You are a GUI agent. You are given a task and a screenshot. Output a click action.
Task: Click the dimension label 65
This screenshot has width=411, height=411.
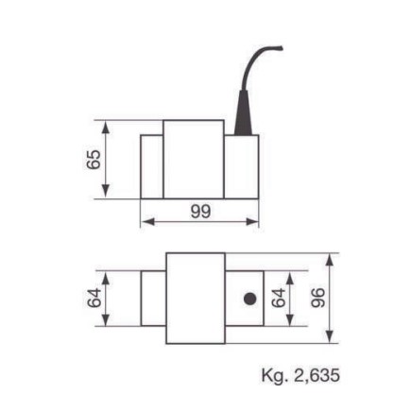[94, 159]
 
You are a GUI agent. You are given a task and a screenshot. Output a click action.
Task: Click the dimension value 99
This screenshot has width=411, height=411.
[199, 212]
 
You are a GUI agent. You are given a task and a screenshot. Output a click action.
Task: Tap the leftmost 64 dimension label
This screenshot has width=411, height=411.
[94, 299]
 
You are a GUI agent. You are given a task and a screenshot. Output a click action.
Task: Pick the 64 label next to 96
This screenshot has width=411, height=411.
[278, 298]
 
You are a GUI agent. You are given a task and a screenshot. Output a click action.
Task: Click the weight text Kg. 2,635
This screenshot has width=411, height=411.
[300, 375]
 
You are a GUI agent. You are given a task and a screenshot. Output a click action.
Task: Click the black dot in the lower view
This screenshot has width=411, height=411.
[249, 299]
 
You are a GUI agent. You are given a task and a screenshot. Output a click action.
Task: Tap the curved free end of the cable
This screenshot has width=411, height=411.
[276, 46]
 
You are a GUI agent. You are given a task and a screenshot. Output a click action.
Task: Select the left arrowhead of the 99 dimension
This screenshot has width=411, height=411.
[146, 223]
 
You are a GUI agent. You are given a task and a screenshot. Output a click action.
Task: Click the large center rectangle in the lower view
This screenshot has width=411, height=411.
[196, 298]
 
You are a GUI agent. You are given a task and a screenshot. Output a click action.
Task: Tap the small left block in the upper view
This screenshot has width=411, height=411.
[152, 165]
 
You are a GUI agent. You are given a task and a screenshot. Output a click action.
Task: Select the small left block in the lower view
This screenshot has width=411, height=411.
[153, 298]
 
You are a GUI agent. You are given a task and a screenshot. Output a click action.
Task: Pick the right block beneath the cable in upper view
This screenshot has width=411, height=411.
[241, 166]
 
